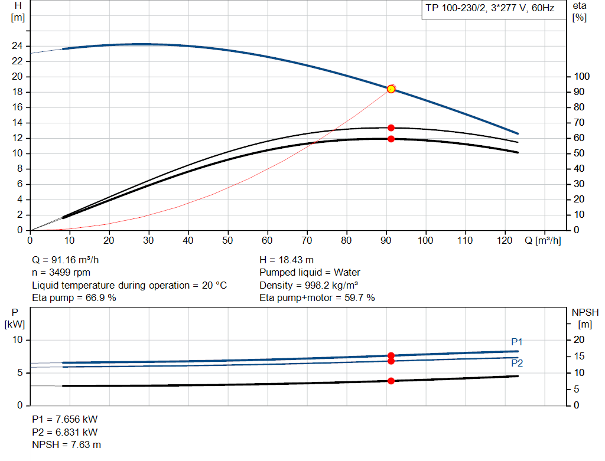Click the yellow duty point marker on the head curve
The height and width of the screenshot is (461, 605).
pyautogui.click(x=391, y=89)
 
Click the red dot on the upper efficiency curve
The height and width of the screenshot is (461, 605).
pyautogui.click(x=391, y=127)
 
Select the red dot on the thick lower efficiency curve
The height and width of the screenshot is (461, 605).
pyautogui.click(x=391, y=139)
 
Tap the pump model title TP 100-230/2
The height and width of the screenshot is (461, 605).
pyautogui.click(x=490, y=8)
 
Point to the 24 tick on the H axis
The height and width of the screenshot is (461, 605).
pyautogui.click(x=18, y=46)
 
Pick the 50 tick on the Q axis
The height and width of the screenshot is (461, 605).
pyautogui.click(x=227, y=241)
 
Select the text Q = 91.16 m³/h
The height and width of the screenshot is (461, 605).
pyautogui.click(x=70, y=260)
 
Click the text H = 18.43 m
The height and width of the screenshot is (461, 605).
pyautogui.click(x=287, y=260)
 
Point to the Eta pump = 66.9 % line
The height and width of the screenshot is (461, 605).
pyautogui.click(x=74, y=298)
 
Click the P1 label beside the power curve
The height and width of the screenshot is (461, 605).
pyautogui.click(x=517, y=342)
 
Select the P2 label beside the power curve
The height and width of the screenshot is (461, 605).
pyautogui.click(x=517, y=363)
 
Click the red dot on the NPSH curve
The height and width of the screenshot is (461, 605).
pyautogui.click(x=391, y=381)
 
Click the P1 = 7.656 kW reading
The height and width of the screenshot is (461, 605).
pyautogui.click(x=64, y=419)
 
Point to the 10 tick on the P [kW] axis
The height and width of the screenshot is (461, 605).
pyautogui.click(x=18, y=340)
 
